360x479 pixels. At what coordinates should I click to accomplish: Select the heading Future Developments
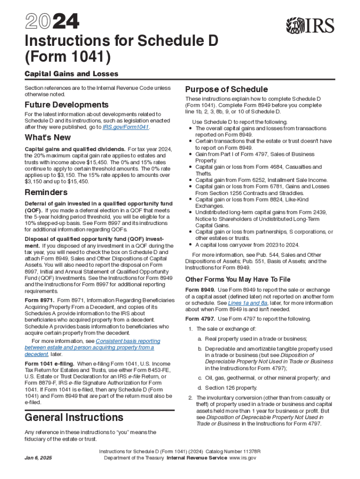point(66,105)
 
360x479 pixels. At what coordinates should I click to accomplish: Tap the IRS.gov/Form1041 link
point(125,127)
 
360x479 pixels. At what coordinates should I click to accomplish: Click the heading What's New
point(48,138)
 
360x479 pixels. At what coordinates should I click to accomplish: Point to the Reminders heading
point(46,192)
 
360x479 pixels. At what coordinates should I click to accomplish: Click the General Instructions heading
point(74,417)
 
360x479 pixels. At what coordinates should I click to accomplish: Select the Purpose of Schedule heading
point(226,89)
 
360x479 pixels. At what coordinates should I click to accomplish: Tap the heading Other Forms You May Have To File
point(238,279)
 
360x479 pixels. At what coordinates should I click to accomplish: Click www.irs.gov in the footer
point(243,458)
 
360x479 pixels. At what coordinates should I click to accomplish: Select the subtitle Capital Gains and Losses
point(71,74)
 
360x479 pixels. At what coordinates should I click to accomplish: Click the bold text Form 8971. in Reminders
point(40,300)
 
